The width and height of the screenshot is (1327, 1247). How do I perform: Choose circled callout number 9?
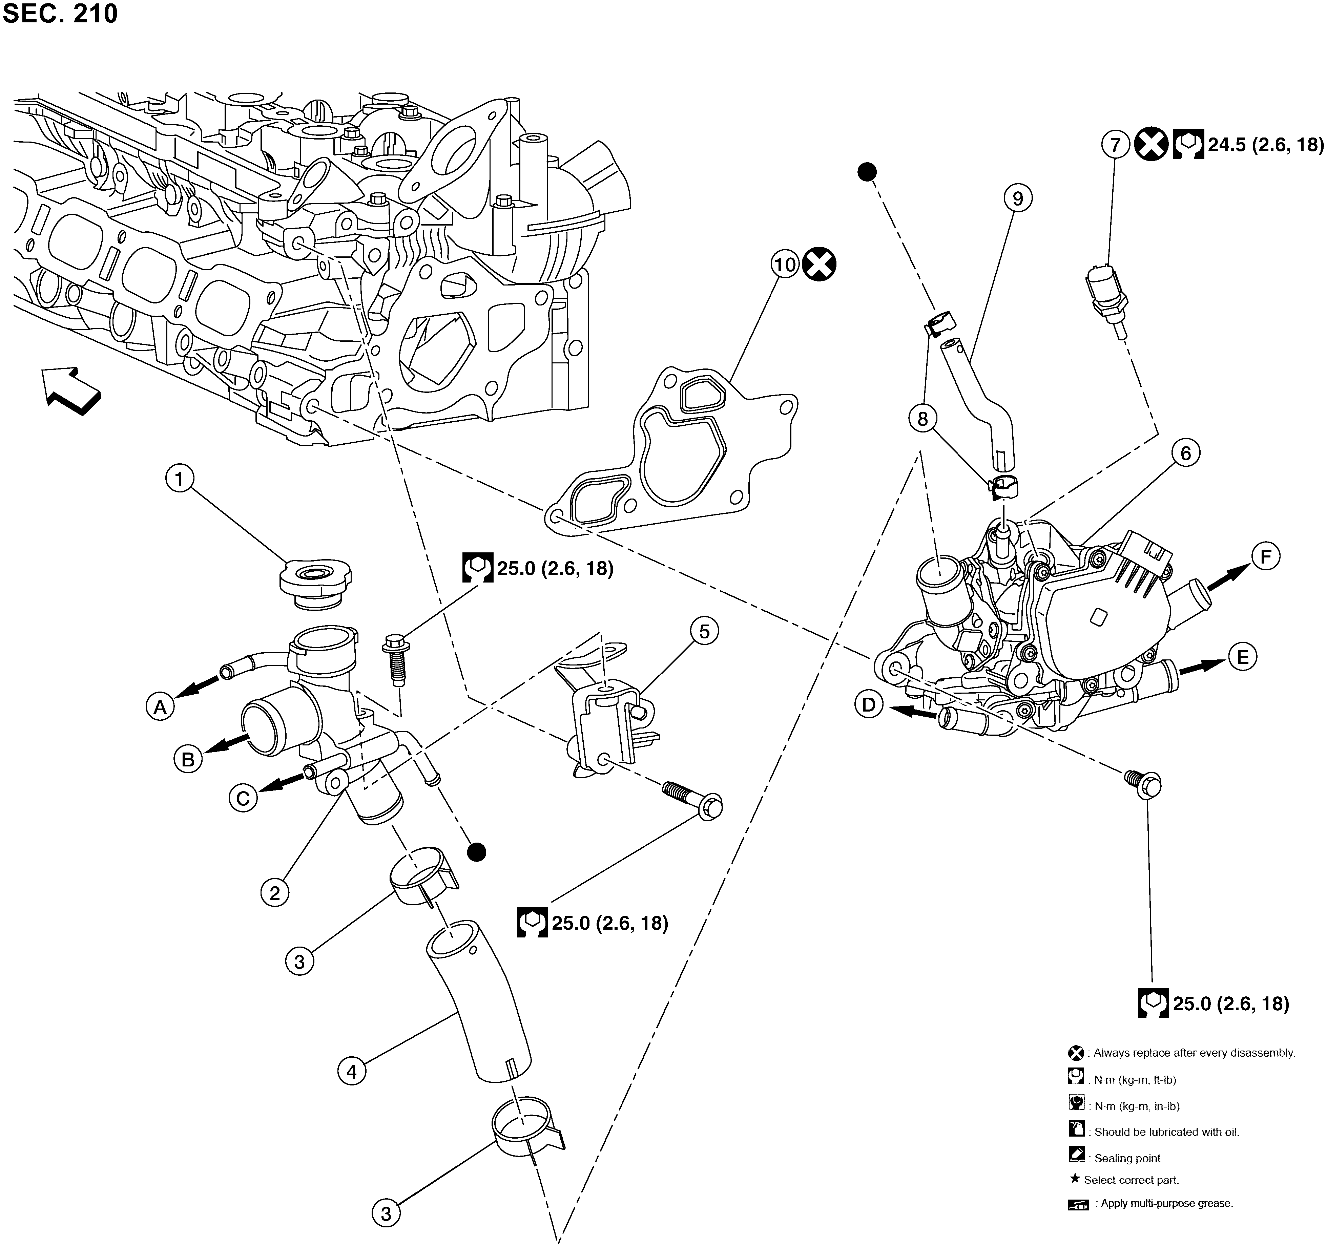click(x=1017, y=198)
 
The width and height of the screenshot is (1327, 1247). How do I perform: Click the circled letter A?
click(x=160, y=706)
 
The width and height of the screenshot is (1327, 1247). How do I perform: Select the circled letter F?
click(x=1266, y=556)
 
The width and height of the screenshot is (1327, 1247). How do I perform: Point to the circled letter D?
click(x=868, y=705)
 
